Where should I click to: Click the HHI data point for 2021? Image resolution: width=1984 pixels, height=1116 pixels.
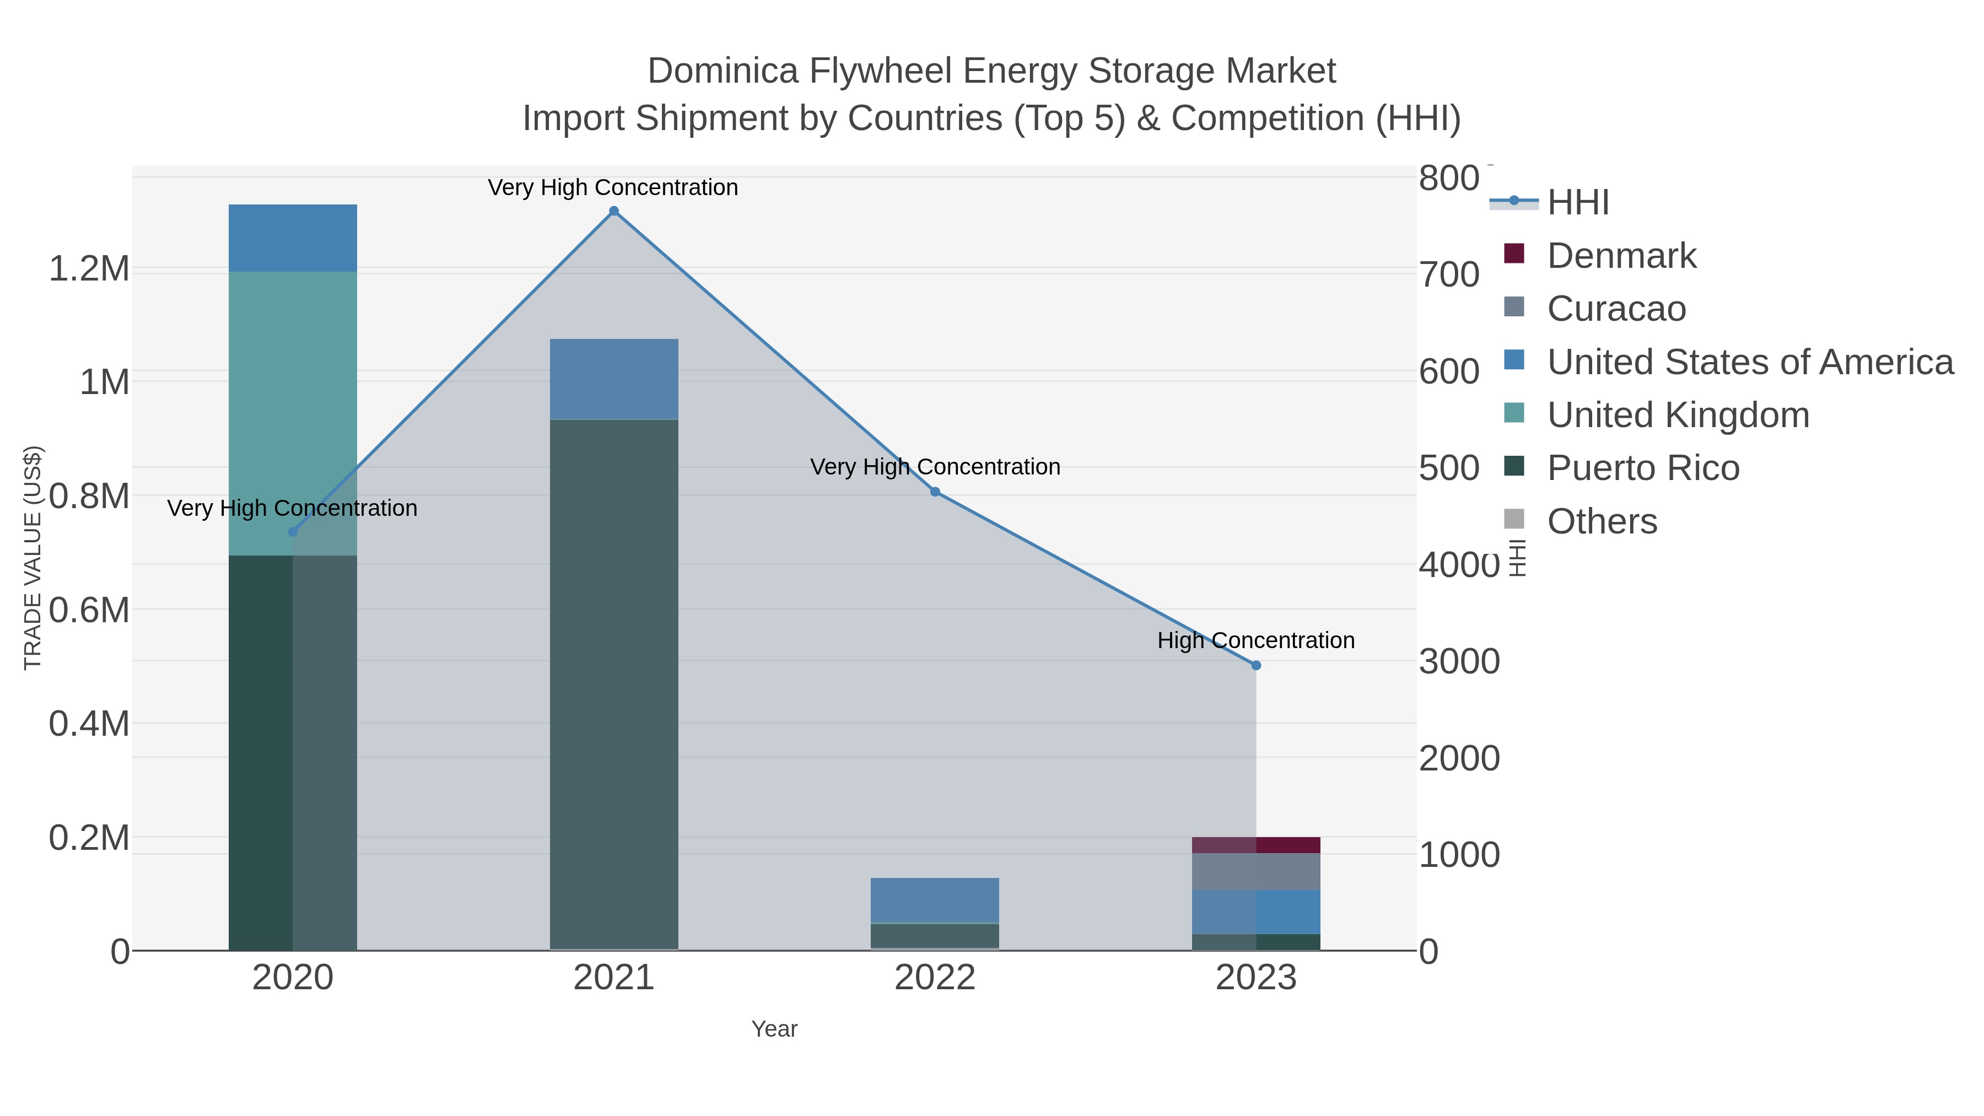coord(614,211)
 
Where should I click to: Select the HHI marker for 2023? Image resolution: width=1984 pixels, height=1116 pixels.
coord(1256,665)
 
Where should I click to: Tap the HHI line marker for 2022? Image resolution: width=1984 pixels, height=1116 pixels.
coord(935,492)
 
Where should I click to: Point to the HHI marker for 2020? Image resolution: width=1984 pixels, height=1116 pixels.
coord(293,532)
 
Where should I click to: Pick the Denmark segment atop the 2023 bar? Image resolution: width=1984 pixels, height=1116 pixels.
coord(1256,845)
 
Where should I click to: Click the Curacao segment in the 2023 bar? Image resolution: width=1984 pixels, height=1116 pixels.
coord(1256,872)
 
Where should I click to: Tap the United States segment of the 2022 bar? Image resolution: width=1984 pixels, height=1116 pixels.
coord(935,899)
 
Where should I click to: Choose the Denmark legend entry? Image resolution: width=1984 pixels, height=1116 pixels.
coord(1621,256)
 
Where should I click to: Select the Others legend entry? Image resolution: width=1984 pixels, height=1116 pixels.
coord(1602,521)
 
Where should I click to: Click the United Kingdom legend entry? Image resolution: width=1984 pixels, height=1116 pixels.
coord(1678,415)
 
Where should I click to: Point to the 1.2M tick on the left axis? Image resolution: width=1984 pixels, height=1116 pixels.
coord(89,269)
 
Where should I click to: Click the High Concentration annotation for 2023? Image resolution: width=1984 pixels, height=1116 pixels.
coord(1256,640)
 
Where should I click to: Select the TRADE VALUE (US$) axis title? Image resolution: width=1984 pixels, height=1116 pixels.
coord(33,558)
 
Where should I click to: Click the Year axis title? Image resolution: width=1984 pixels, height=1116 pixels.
coord(774,1029)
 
